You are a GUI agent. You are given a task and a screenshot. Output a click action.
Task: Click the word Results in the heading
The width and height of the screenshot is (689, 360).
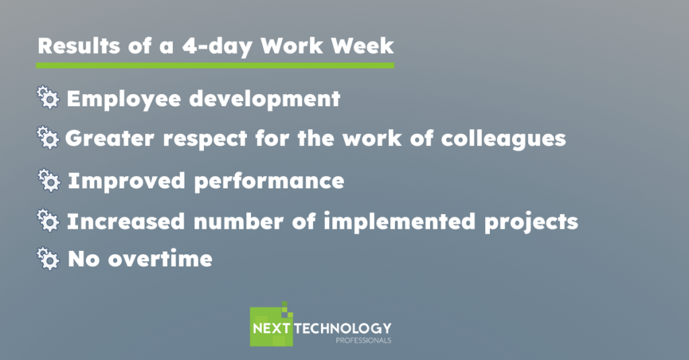click(79, 46)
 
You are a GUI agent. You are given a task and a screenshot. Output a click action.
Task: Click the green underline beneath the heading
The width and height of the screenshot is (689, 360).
click(215, 65)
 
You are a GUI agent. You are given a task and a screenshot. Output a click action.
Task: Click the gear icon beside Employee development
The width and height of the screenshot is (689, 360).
click(48, 97)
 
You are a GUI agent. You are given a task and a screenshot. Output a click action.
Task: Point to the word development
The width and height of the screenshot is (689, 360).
click(264, 98)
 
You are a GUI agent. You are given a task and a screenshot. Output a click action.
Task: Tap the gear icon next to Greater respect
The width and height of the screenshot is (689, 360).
click(48, 137)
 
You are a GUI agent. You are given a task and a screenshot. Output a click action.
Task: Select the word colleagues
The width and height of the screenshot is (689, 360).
click(503, 139)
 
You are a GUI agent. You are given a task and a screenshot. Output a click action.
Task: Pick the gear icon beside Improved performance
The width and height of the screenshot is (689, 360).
click(48, 180)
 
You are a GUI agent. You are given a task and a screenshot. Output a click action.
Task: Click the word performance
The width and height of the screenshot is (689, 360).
click(269, 182)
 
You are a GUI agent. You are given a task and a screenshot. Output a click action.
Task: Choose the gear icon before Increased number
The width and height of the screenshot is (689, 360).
click(48, 220)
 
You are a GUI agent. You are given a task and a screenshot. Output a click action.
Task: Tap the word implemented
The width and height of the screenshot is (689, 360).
click(400, 221)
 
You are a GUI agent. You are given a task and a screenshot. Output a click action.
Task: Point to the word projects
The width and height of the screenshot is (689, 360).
click(532, 222)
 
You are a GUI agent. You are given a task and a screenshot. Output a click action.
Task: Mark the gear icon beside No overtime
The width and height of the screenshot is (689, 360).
click(48, 258)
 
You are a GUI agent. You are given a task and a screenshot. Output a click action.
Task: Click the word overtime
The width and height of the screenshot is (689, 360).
click(160, 258)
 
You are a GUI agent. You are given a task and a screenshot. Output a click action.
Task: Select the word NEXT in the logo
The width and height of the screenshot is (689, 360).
click(271, 328)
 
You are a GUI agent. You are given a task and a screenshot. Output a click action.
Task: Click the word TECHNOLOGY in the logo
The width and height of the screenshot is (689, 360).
click(342, 328)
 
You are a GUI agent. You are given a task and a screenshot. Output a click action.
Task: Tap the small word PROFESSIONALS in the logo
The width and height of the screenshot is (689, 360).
click(363, 340)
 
